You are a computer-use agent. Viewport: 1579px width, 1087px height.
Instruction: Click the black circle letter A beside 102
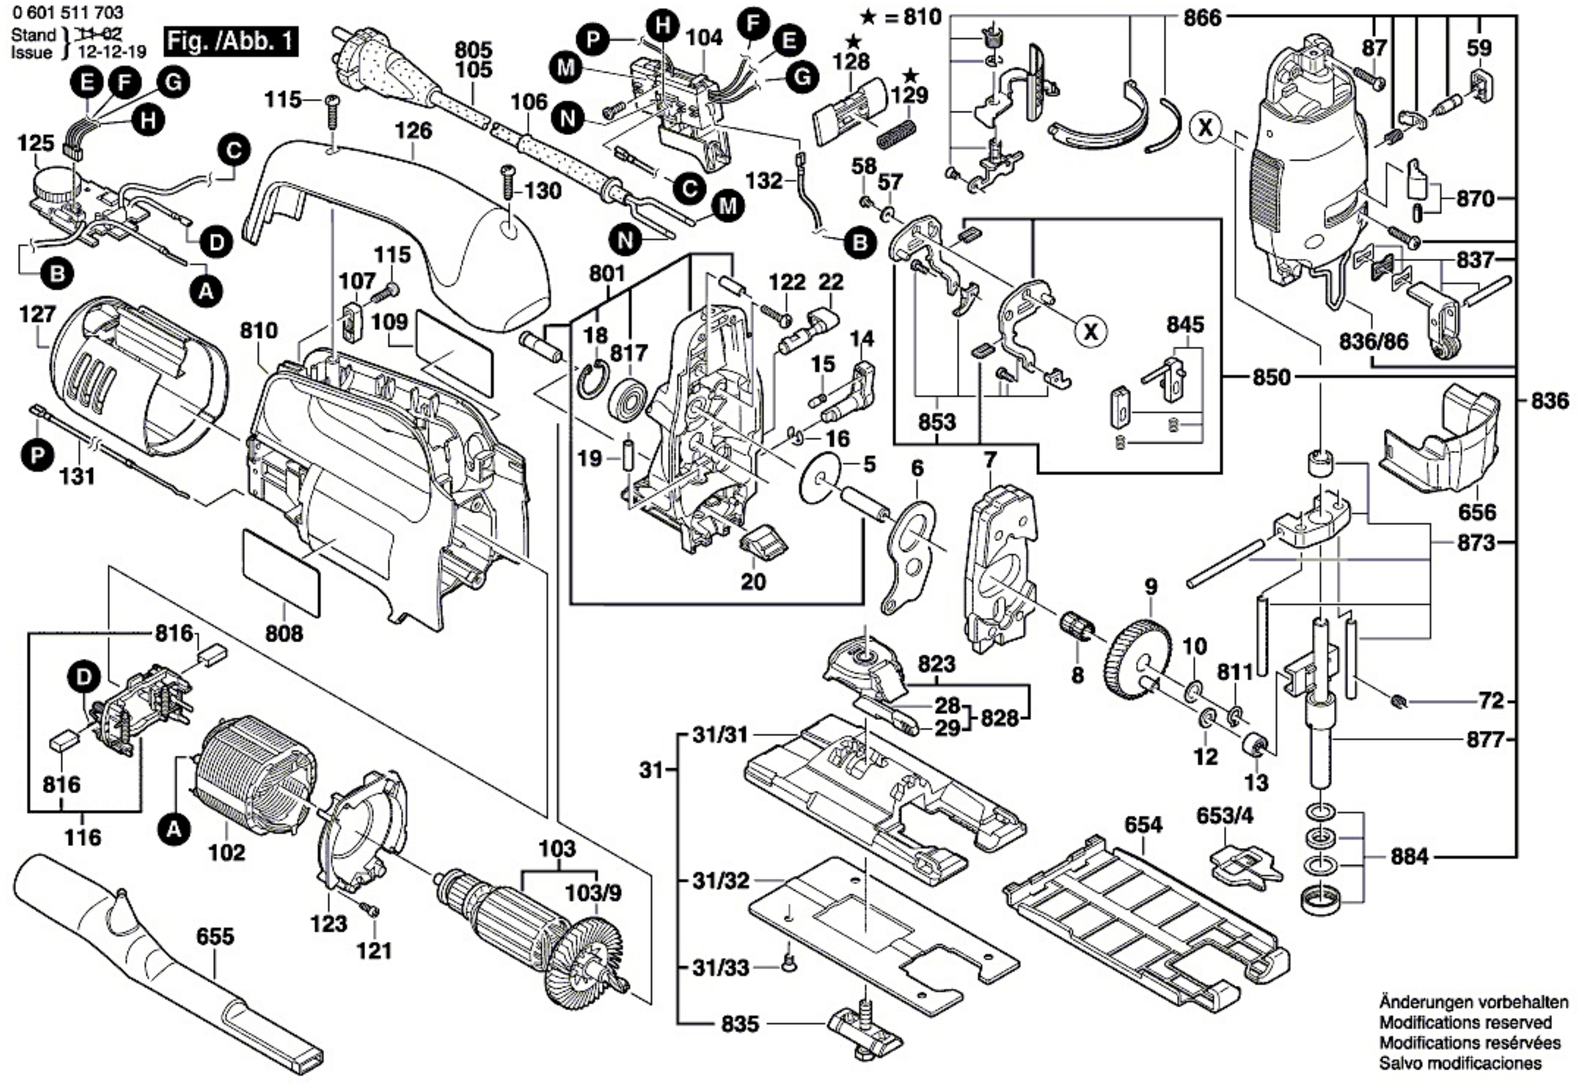point(174,830)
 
